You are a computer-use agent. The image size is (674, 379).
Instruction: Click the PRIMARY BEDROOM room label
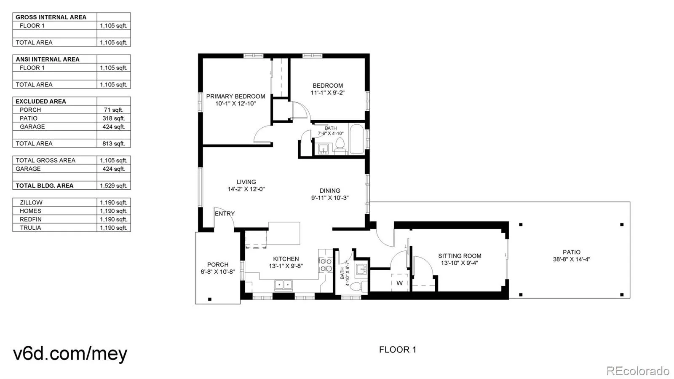tap(235, 96)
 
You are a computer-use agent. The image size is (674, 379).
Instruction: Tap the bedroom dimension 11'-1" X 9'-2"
tap(327, 93)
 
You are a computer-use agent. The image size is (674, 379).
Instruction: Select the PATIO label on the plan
tap(571, 252)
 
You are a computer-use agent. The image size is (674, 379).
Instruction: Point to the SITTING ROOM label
tap(460, 256)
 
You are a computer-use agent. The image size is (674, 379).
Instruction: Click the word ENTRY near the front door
tap(225, 213)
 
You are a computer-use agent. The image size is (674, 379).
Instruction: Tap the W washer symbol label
tap(399, 283)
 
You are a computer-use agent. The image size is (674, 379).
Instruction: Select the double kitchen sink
tap(283, 285)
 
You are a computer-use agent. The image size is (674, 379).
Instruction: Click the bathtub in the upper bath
tap(356, 139)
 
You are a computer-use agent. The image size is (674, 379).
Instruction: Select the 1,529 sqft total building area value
tap(113, 186)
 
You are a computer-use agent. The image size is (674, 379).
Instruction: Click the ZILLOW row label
tap(31, 203)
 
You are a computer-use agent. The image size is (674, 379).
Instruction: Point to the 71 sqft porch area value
tap(113, 110)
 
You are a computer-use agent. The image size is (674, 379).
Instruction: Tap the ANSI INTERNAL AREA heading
tap(48, 59)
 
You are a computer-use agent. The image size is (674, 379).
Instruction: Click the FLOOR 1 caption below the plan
tap(398, 350)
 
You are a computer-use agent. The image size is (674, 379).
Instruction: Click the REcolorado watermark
tap(638, 370)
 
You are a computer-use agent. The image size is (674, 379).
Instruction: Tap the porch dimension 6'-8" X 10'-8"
tap(217, 272)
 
